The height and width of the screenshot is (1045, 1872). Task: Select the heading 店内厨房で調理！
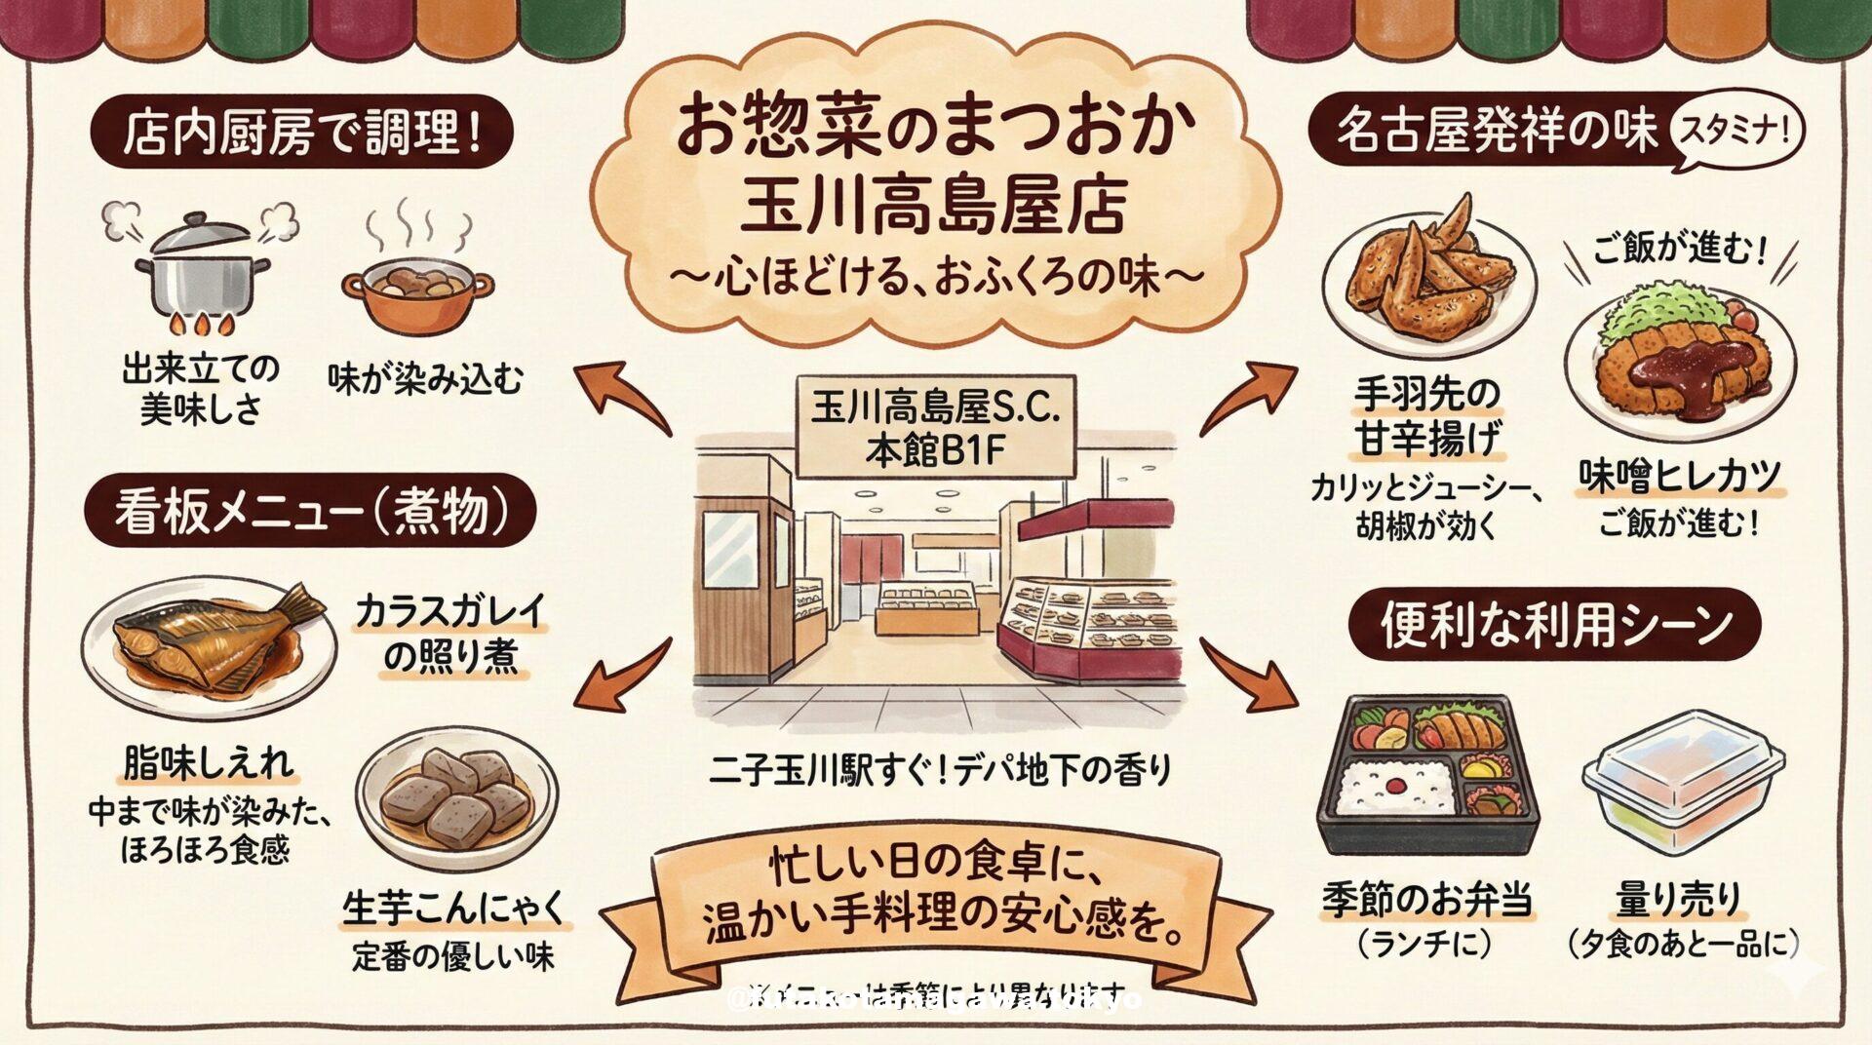click(x=301, y=134)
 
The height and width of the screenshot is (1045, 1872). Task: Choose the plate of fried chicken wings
click(x=1429, y=277)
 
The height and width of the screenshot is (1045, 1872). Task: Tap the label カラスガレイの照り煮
click(x=449, y=634)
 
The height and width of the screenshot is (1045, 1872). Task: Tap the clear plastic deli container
click(x=1682, y=785)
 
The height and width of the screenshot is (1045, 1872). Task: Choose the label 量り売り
click(x=1677, y=900)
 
